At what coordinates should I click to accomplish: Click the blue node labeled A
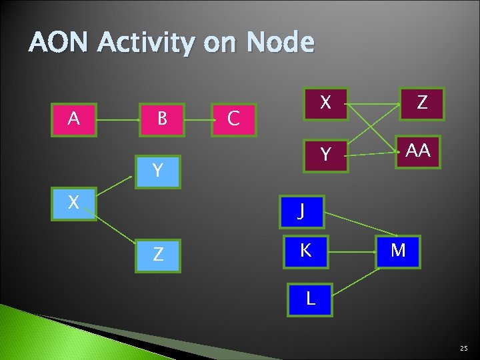[74, 119]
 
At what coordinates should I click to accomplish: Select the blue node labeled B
[161, 119]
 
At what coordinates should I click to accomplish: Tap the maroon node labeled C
[233, 119]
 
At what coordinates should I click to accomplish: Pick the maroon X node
[325, 103]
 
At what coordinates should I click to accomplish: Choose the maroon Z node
[421, 103]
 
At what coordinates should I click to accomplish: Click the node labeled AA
[418, 152]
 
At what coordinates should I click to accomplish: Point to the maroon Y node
[325, 155]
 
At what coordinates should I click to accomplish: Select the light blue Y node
[157, 171]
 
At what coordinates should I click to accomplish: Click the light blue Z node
[157, 255]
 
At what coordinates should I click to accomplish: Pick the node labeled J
[301, 211]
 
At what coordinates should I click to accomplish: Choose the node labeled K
[305, 251]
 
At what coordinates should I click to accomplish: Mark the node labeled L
[310, 299]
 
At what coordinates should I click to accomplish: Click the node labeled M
[398, 251]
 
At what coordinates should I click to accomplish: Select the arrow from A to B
[117, 121]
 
